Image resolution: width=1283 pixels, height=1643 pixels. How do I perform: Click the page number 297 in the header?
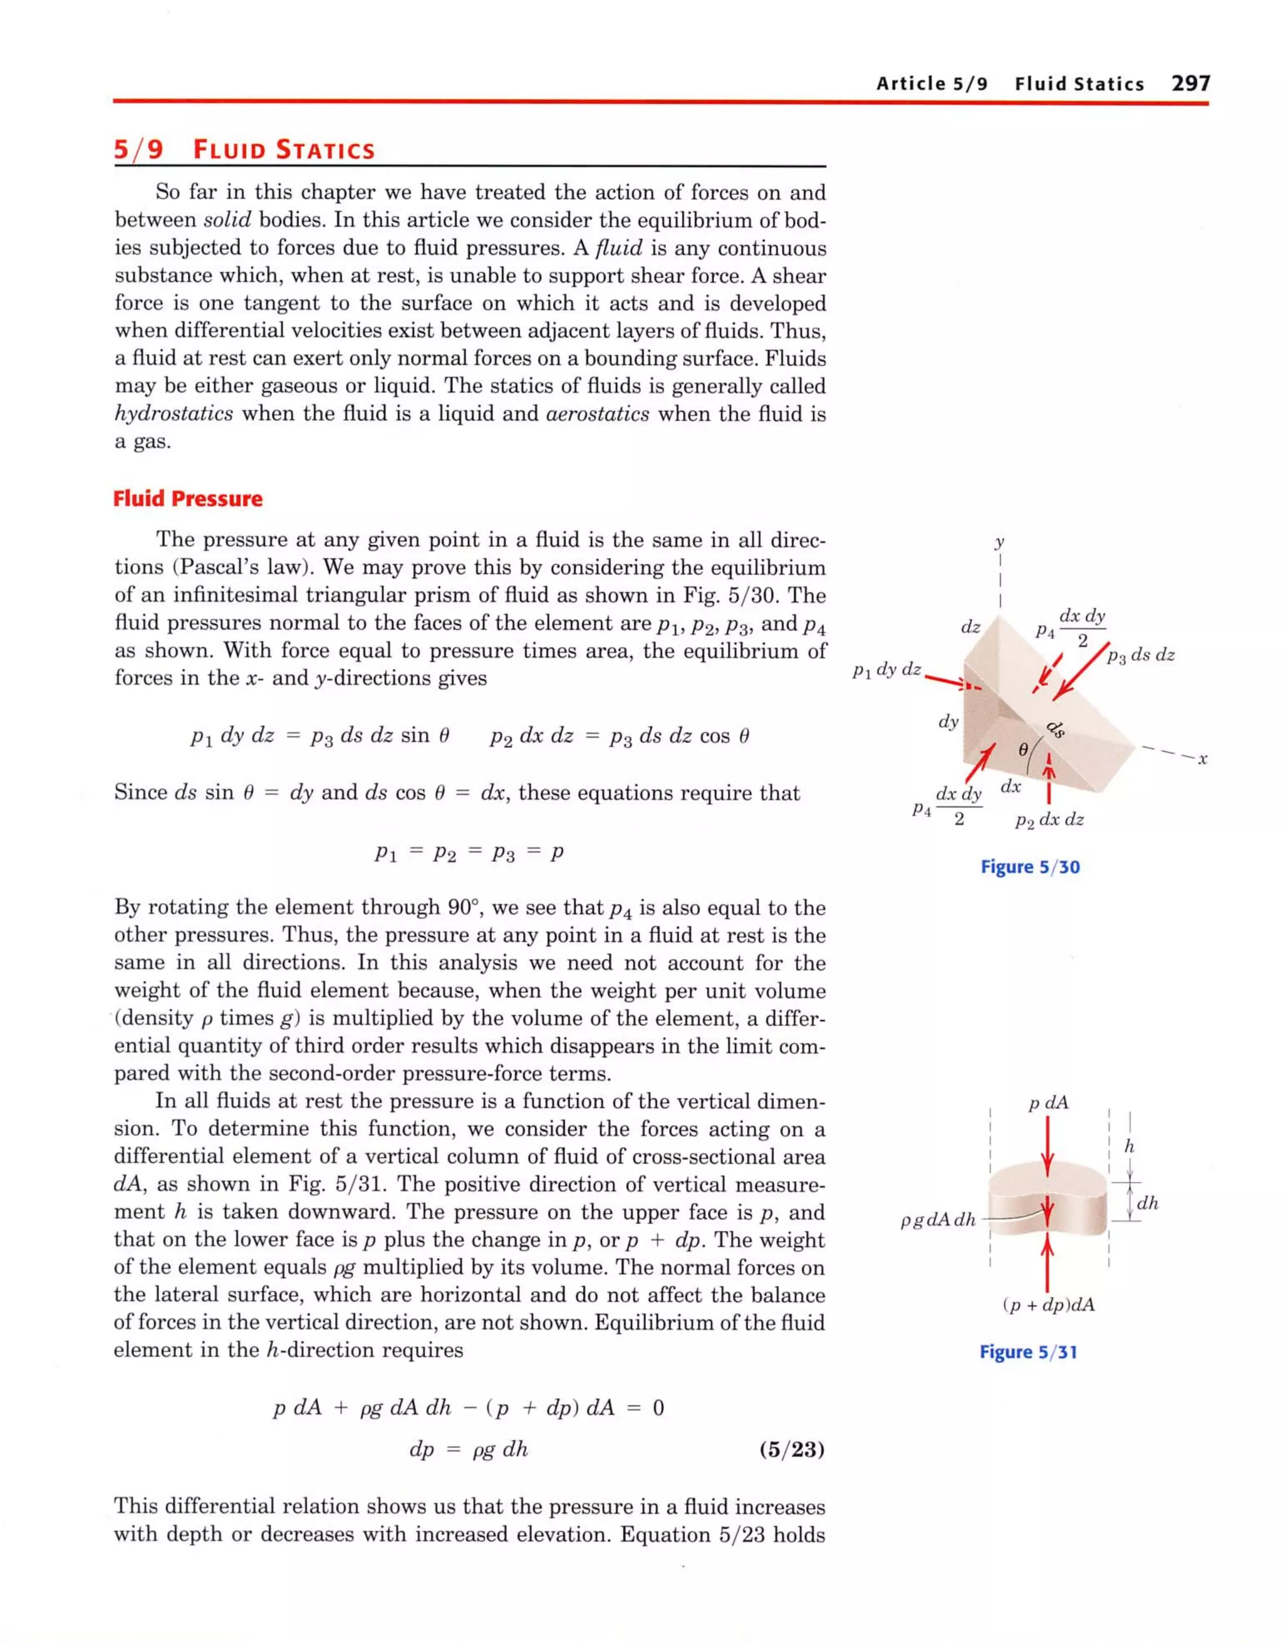[1190, 83]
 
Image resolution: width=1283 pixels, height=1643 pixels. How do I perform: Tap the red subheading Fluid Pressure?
[187, 499]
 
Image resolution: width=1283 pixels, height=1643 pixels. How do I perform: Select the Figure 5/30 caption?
[1029, 867]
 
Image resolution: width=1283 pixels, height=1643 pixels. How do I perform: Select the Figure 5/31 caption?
[1028, 1352]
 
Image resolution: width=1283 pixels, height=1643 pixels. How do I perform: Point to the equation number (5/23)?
[792, 1449]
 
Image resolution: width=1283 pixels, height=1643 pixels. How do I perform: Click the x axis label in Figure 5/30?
[1202, 759]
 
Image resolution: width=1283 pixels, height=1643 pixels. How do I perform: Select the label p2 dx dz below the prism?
[1049, 820]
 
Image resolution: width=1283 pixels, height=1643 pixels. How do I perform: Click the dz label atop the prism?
[971, 626]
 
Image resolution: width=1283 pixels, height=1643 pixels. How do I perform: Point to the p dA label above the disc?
[1048, 1103]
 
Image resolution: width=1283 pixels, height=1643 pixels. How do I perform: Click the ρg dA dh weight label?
[938, 1220]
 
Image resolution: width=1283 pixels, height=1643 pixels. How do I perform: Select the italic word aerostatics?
[598, 414]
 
